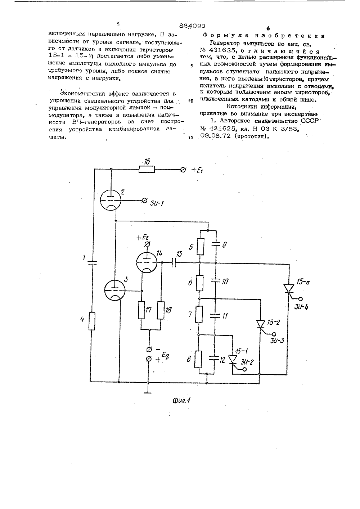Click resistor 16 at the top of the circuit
[x=147, y=169]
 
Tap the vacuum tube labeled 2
[x=111, y=200]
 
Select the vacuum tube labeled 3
[x=115, y=290]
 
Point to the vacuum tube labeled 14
[x=147, y=262]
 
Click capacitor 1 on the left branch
[x=92, y=263]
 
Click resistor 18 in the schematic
[x=161, y=310]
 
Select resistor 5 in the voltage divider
[x=200, y=246]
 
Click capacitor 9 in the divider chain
[x=216, y=244]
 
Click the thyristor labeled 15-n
[x=289, y=289]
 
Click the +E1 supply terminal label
[x=197, y=170]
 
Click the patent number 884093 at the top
[x=192, y=26]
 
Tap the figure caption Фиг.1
[x=181, y=406]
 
